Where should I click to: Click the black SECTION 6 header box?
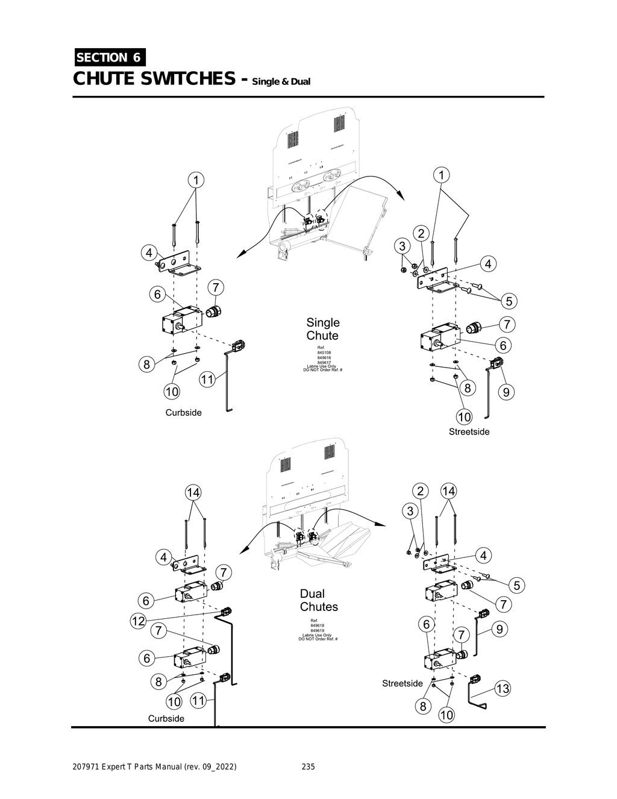[x=109, y=57]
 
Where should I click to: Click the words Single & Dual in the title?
[x=281, y=81]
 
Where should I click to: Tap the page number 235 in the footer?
[x=308, y=767]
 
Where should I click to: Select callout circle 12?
[x=138, y=621]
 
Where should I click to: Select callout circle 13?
[x=502, y=689]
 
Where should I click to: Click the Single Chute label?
[x=322, y=329]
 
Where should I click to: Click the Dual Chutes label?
[x=319, y=600]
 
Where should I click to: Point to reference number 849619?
[x=318, y=630]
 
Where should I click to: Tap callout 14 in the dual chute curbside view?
[x=193, y=492]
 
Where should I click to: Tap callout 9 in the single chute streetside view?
[x=506, y=392]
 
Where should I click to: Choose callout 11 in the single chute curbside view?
[x=207, y=380]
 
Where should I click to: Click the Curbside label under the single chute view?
[x=183, y=413]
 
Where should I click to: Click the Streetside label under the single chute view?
[x=469, y=431]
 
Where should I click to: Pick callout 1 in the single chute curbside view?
[x=195, y=180]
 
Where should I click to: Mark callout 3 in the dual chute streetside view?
[x=410, y=511]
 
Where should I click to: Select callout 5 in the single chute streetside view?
[x=509, y=301]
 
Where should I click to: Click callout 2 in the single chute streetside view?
[x=421, y=234]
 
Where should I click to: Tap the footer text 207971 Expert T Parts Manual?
[x=154, y=767]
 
